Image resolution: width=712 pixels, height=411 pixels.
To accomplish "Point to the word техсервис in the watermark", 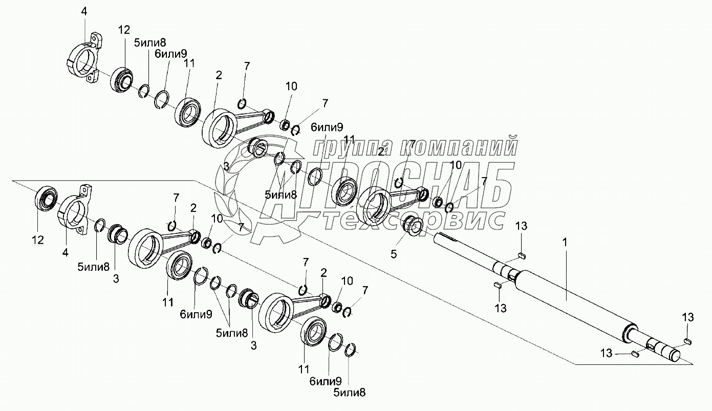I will (x=415, y=221).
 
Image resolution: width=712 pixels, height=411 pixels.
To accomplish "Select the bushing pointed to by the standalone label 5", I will (x=413, y=226).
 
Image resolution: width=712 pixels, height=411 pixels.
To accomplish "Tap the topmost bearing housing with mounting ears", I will (x=85, y=59).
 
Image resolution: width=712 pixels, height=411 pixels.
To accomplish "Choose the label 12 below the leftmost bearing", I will (x=38, y=240).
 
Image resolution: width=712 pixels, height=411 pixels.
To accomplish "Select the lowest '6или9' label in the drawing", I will (x=325, y=381).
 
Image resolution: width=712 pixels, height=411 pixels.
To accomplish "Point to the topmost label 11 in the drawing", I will (x=189, y=63).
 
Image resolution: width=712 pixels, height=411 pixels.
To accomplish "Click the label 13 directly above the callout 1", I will (x=521, y=225).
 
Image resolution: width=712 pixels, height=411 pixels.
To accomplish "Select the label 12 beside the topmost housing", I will (x=125, y=30).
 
